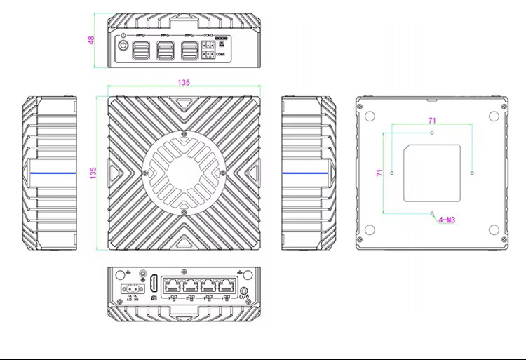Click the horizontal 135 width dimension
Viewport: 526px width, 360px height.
coord(183,82)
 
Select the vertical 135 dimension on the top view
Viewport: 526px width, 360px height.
coord(93,171)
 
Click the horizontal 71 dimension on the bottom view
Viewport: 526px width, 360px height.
coord(432,121)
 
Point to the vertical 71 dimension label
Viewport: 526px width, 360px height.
coord(379,172)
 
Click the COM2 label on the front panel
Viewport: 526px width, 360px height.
coord(208,35)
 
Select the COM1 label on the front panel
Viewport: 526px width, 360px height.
coord(220,54)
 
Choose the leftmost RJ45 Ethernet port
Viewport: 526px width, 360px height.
coord(173,286)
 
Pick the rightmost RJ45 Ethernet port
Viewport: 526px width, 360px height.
coord(225,286)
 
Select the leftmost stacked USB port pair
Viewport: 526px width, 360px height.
coord(141,51)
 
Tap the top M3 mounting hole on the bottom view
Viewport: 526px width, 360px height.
coord(432,132)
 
